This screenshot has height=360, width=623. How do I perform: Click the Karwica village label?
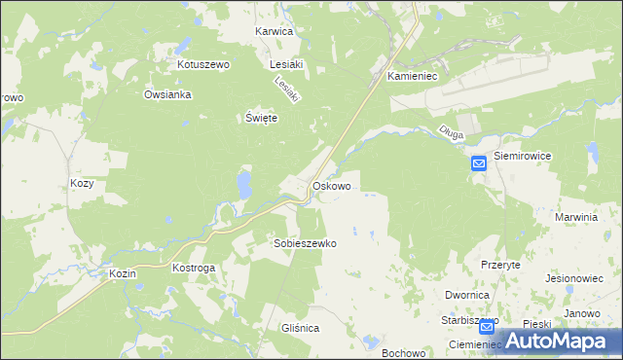(x=274, y=31)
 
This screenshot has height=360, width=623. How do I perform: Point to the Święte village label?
(x=261, y=118)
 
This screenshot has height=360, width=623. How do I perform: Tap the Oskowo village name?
(x=331, y=185)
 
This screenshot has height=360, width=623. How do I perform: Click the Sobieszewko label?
(x=305, y=243)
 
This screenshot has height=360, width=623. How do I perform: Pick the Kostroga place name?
(x=193, y=267)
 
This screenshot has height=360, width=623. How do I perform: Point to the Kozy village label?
(x=82, y=183)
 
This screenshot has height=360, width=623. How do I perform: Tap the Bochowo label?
(x=404, y=353)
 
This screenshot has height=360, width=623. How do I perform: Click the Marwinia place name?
(x=575, y=217)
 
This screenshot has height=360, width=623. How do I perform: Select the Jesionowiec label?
(x=576, y=276)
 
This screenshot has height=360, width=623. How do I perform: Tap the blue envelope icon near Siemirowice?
(x=479, y=165)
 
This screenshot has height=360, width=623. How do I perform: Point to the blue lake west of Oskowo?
(x=243, y=183)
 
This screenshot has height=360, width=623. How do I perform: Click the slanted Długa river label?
(x=452, y=129)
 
